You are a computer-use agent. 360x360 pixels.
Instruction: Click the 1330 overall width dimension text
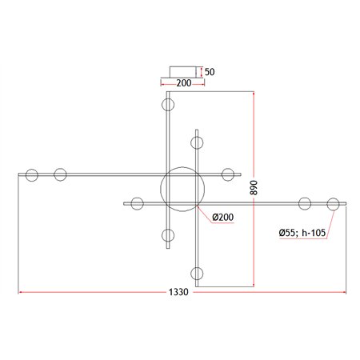(178, 292)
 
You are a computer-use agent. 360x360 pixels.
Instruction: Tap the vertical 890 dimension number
(254, 188)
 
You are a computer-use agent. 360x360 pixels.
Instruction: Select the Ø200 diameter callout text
(223, 217)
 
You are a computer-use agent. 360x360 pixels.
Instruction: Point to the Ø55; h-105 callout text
(302, 233)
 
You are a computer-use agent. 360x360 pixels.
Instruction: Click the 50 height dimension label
(210, 72)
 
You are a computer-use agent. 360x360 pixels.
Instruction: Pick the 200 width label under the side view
(184, 83)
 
